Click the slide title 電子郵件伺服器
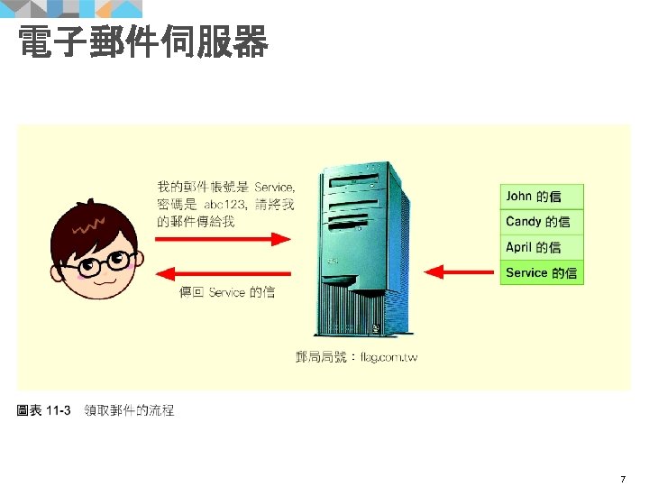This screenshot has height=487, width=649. point(142,41)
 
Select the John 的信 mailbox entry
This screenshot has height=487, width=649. point(542,196)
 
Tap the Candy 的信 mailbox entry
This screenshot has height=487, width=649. point(542,221)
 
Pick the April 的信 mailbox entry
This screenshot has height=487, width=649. point(542,247)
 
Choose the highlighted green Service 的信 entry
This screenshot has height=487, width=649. point(542,272)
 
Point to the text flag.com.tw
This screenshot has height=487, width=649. point(388,358)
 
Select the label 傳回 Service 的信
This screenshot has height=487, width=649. point(226,293)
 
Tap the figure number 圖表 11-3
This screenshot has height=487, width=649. point(44,410)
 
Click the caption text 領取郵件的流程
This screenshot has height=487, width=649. point(129,410)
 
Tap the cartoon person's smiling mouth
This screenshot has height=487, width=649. point(104,281)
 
